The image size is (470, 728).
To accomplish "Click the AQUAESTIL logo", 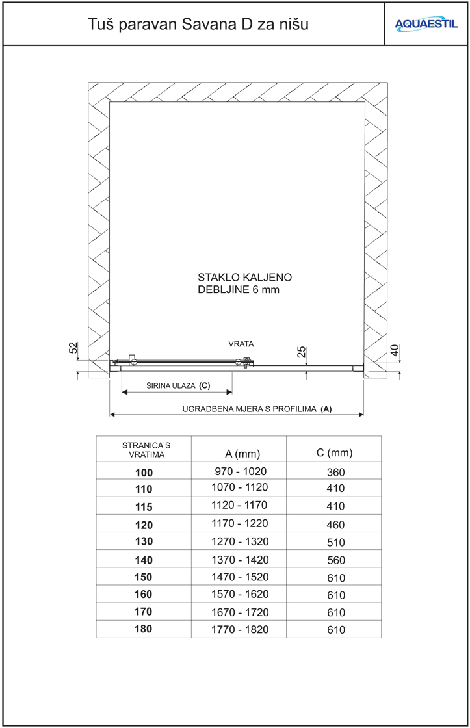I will [x=426, y=24].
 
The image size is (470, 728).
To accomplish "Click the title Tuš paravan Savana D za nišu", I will [x=198, y=25].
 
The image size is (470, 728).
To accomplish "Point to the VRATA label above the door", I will [x=241, y=343].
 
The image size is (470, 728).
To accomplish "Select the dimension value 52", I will [x=73, y=349].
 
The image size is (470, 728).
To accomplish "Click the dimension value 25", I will [x=301, y=352].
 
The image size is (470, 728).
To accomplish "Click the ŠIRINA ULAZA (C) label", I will [x=178, y=385].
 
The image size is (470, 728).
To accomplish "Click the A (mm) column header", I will [x=238, y=453].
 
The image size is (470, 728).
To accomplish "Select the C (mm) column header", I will [x=334, y=452].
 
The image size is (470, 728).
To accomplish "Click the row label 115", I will [x=144, y=506].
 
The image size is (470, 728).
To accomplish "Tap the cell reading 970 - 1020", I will [x=238, y=471].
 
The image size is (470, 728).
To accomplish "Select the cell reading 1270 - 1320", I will [x=238, y=541].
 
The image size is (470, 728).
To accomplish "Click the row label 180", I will [x=144, y=629].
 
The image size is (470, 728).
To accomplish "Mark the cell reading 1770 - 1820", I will [x=238, y=629].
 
